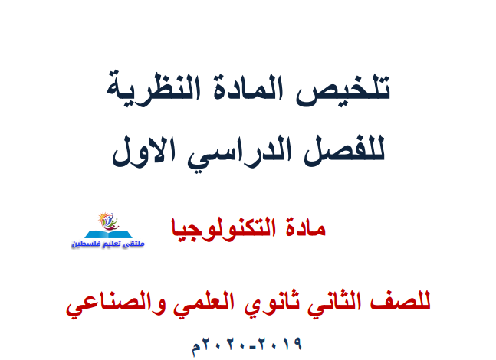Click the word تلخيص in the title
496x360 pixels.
tap(343, 90)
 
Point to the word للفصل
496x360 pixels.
tap(344, 150)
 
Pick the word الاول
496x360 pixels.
tap(143, 151)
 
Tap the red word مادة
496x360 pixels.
tap(305, 227)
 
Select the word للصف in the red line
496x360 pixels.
tap(400, 302)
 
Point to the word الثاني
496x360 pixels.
tap(335, 302)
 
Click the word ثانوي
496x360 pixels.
tap(272, 302)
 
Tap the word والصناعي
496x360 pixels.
tap(116, 303)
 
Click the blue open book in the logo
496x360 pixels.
tap(108, 234)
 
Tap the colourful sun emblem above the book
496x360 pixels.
tap(108, 221)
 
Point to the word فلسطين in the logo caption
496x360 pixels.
tap(81, 244)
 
